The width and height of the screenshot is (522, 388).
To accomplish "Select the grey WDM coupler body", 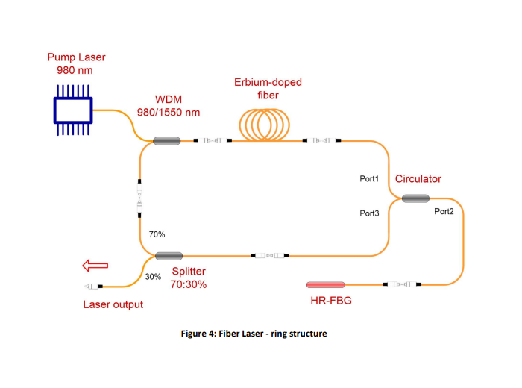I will coord(167,140).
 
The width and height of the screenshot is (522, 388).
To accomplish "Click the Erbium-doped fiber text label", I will coord(267,88).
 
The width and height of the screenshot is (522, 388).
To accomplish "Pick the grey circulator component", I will coord(415,198).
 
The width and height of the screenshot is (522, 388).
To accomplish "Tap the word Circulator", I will coord(418,179).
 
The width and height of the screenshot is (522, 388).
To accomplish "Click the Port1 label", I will coord(370,179).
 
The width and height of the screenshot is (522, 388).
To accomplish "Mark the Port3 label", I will coord(370,213).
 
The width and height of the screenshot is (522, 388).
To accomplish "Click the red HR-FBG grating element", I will coord(326,284).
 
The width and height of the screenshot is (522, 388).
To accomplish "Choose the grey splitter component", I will coord(169,256).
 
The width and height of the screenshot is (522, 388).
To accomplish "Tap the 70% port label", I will coord(158,234).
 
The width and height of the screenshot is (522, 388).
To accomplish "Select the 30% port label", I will coord(153,277).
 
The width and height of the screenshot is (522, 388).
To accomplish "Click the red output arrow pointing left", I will coord(95,265).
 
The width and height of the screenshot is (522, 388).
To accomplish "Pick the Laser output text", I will coord(113,304).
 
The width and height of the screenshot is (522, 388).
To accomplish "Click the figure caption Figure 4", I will coord(254,334).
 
